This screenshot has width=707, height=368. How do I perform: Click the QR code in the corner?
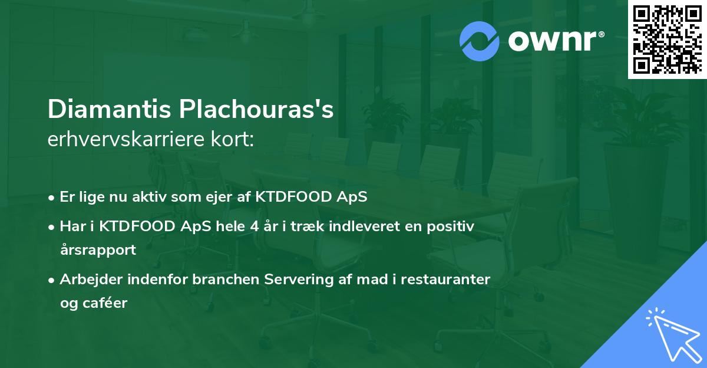click(x=667, y=39)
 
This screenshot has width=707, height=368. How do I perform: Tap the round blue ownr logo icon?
click(x=480, y=41)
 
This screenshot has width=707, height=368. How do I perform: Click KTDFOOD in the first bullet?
click(x=290, y=197)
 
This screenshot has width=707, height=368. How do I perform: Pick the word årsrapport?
click(x=98, y=249)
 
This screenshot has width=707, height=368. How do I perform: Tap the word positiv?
click(x=454, y=226)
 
